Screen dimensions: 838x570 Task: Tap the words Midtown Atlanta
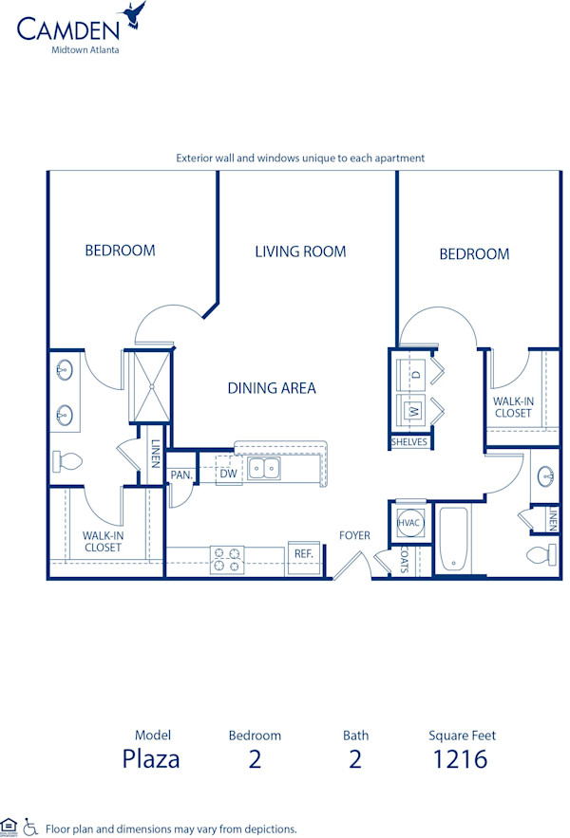pos(85,50)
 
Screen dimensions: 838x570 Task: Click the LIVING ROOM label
pos(300,251)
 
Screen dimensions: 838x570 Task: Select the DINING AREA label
pos(272,387)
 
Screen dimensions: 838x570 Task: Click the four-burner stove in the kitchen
pos(227,560)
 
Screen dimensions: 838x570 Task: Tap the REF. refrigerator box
pos(303,553)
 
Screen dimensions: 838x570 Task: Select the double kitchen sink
pos(265,468)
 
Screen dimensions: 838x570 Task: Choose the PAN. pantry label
pos(180,475)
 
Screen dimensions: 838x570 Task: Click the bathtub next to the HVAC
pos(452,541)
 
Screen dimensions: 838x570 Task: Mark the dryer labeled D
pos(415,375)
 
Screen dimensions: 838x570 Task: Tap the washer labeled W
pos(414,412)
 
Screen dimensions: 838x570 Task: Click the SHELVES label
pos(409,442)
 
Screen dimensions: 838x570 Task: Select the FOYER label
pos(354,535)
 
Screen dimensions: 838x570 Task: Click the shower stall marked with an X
pos(148,385)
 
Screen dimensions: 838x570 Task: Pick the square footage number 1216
pos(461,758)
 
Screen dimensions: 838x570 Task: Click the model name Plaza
pos(151,758)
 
